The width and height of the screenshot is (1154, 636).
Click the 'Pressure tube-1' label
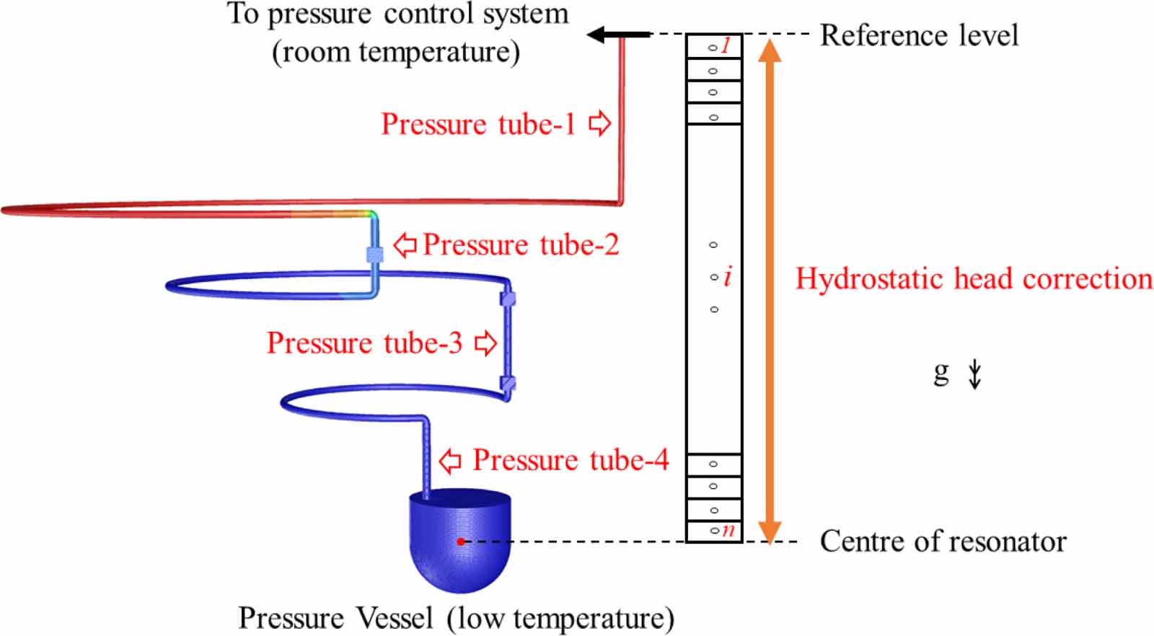[478, 124]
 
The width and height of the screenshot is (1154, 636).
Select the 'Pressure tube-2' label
[520, 245]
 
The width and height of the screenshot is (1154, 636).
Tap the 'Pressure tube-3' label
[364, 343]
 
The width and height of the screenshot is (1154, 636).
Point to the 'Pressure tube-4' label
[571, 460]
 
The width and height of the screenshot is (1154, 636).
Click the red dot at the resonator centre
[460, 542]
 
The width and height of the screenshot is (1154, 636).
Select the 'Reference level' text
[919, 35]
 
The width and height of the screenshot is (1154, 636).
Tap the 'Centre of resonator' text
[943, 542]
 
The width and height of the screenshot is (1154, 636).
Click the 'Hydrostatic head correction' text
[974, 279]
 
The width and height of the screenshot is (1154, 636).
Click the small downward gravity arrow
[974, 374]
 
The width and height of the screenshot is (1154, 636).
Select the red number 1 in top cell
[726, 46]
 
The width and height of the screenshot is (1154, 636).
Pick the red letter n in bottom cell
[728, 531]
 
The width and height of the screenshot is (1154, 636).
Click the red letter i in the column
[728, 276]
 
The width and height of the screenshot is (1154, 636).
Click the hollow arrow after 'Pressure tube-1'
[599, 123]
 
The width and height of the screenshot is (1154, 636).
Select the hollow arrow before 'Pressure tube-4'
[450, 460]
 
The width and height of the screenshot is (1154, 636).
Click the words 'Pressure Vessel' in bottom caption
[335, 619]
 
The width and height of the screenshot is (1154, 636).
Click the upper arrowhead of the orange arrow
[770, 50]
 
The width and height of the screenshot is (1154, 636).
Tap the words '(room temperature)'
[396, 53]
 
